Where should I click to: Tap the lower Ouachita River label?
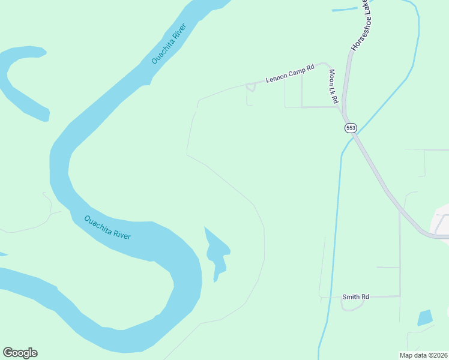click(107, 227)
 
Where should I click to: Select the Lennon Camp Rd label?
click(291, 74)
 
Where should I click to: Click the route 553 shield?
click(351, 128)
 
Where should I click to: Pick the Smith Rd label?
click(355, 296)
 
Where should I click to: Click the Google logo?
click(20, 353)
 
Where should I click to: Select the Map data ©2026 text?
click(423, 355)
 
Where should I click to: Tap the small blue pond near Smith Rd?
click(425, 317)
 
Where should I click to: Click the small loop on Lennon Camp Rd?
click(251, 88)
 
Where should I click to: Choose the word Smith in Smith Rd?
click(350, 296)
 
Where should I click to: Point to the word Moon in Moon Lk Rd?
click(331, 77)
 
